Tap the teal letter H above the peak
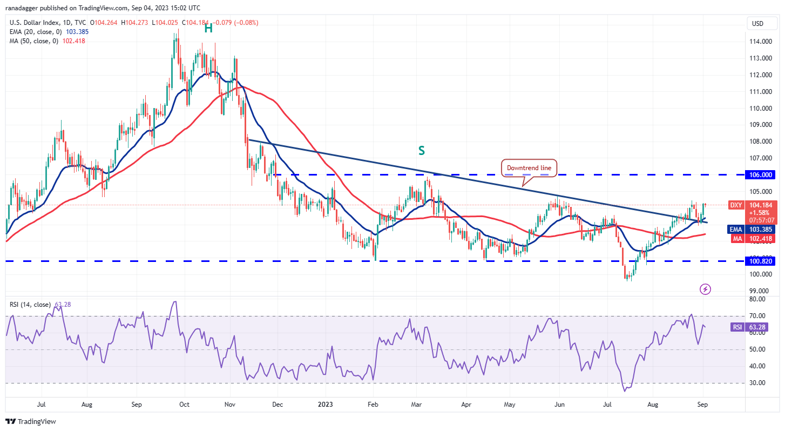tap(208, 29)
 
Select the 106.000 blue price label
tap(761, 175)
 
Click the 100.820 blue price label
tap(761, 261)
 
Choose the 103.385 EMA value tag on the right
tap(761, 229)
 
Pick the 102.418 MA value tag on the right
tap(761, 238)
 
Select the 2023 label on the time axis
tap(325, 403)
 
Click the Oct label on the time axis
tap(184, 403)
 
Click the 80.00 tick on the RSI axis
tap(757, 299)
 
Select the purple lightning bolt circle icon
tap(705, 289)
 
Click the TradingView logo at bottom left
tap(31, 421)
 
